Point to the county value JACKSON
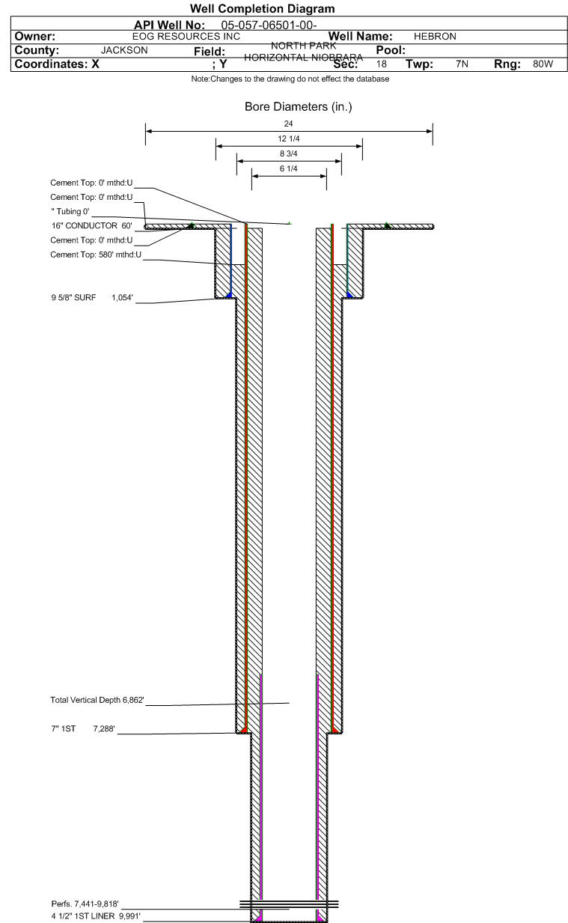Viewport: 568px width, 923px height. point(123,50)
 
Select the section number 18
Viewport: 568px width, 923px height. point(382,64)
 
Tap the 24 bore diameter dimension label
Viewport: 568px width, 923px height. point(289,124)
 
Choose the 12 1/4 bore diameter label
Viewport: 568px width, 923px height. point(289,139)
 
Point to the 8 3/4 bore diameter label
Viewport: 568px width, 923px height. point(289,154)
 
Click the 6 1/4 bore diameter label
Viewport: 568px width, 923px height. point(289,169)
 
